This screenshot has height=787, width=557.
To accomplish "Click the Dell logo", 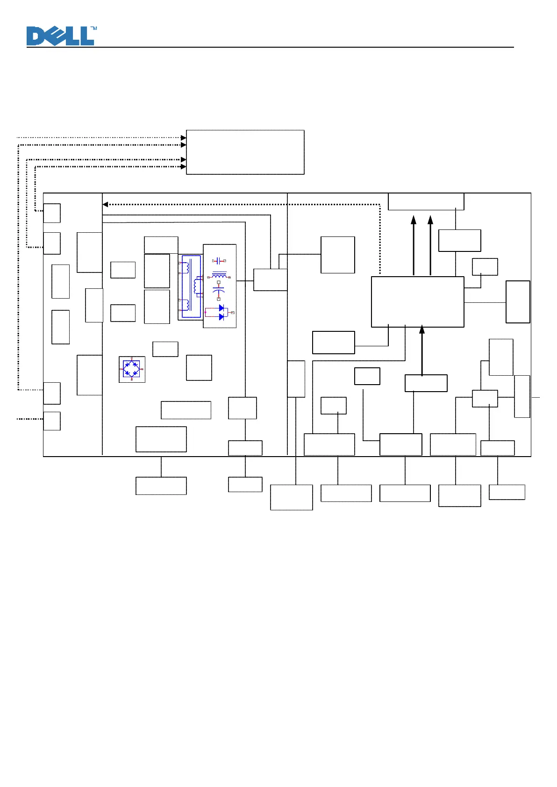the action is tap(60, 36).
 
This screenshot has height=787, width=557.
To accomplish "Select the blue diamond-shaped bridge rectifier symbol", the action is tap(132, 369).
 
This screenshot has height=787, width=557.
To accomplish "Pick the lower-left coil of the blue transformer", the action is tap(186, 305).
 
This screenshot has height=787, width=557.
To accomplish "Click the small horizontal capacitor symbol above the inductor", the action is tap(219, 261).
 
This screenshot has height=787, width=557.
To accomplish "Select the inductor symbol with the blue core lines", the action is tap(219, 275).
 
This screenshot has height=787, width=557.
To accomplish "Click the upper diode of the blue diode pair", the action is tap(221, 308).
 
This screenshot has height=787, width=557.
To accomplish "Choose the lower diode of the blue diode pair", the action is tap(221, 317).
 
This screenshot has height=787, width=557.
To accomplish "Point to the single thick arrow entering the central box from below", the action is tap(422, 351).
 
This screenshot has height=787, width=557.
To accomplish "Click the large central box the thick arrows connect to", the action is tap(417, 301).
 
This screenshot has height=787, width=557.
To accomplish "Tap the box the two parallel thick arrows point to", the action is tap(426, 201).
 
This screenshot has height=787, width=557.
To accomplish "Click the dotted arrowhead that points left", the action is tap(105, 204).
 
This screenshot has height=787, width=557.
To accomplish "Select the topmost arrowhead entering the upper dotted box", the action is tap(184, 138).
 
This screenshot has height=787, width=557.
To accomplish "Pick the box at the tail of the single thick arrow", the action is tap(426, 383).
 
